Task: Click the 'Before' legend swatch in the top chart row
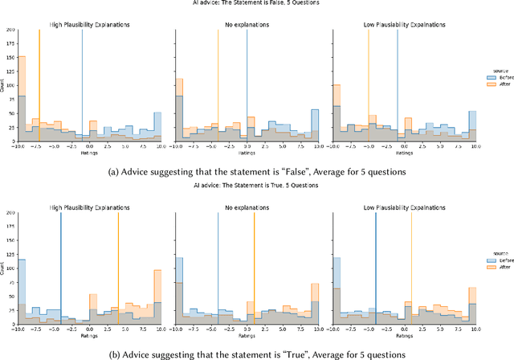tap(490, 78)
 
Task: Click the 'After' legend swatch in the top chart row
tap(490, 84)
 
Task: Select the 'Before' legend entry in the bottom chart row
tap(490, 262)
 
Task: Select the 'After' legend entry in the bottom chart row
tap(490, 269)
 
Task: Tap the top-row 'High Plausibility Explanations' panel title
tap(88, 24)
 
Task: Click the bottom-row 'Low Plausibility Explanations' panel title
tap(406, 207)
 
